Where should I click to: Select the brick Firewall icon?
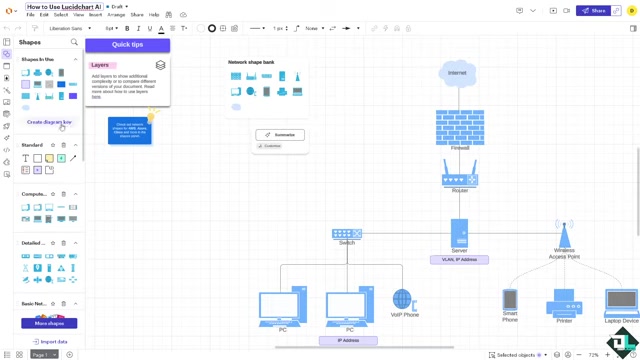460,127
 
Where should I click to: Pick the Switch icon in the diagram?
347,234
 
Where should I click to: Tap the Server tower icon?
459,233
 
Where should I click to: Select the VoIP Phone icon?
403,300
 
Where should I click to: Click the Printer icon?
564,303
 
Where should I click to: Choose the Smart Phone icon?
510,299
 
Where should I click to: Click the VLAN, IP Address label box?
459,260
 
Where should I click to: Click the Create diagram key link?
49,122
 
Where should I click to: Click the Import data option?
49,342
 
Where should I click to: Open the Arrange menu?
116,15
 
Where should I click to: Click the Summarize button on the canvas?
280,135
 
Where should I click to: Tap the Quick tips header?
127,45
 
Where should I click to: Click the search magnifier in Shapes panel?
74,43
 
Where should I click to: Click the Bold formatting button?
127,28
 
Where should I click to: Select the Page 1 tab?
41,354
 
